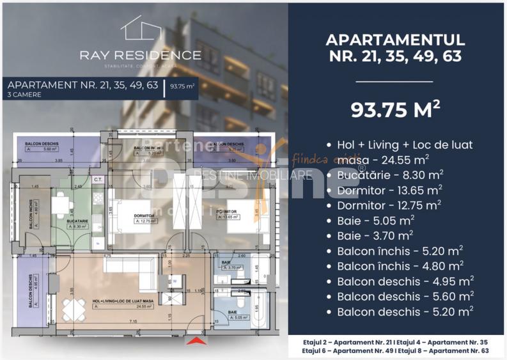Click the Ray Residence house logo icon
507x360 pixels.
140,30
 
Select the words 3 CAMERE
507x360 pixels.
25,95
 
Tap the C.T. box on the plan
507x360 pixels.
98,180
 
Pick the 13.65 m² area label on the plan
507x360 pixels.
226,217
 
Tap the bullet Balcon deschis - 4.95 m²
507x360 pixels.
404,281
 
